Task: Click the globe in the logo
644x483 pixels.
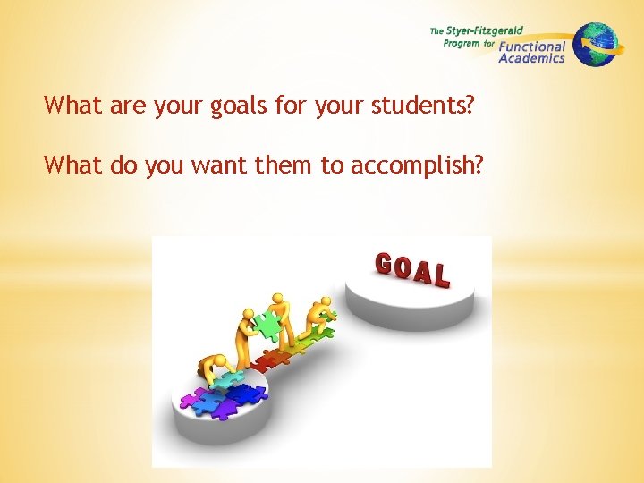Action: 595,45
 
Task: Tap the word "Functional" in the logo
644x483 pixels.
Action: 532,47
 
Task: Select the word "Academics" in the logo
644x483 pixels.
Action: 531,58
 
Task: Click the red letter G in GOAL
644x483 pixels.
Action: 384,264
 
